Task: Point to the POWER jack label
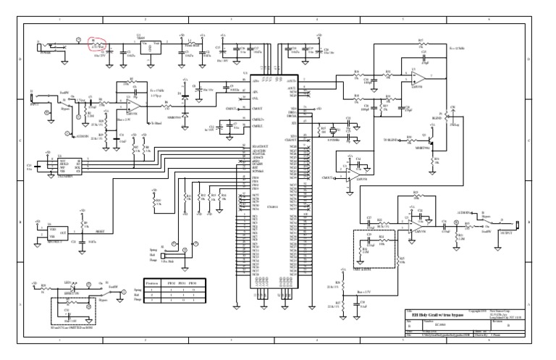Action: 47,52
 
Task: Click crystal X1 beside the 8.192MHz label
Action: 334,130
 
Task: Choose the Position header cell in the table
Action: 152,282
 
